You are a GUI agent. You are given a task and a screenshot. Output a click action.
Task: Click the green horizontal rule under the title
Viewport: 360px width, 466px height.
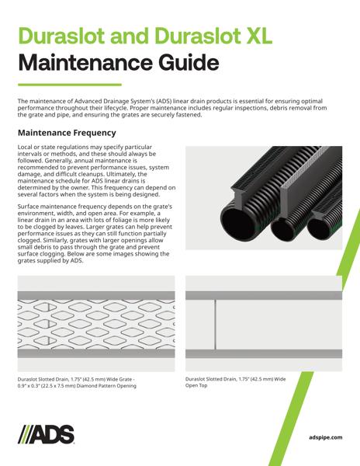click(x=69, y=84)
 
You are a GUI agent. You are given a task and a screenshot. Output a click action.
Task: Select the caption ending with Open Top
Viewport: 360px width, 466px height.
click(x=236, y=383)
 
